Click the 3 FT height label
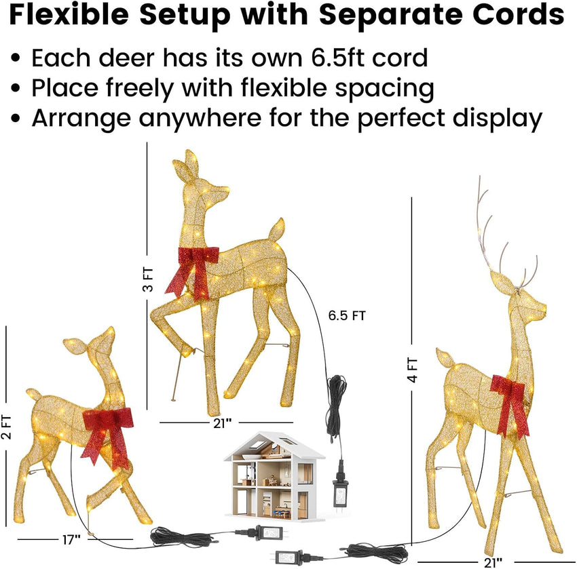point(149,279)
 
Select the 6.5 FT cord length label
point(347,315)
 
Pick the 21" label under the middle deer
point(219,422)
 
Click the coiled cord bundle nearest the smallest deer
point(174,538)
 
